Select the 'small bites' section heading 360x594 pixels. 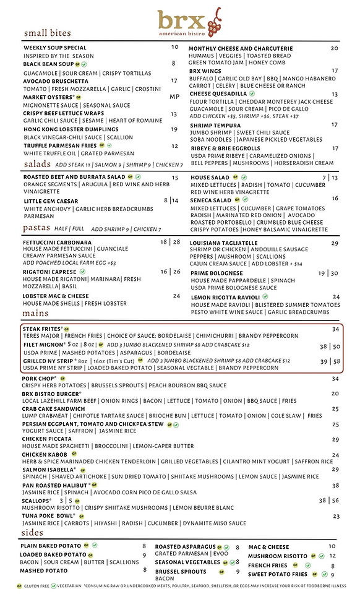point(47,33)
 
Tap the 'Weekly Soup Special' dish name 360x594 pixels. point(54,48)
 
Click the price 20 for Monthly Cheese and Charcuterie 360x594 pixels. point(335,48)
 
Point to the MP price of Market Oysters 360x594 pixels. point(174,97)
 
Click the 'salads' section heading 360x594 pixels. point(38,165)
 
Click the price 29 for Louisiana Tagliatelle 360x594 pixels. point(335,244)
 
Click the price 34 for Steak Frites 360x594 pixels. point(335,329)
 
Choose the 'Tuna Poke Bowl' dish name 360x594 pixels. point(46,515)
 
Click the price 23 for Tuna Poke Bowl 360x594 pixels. point(336,516)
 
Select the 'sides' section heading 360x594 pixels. point(33,533)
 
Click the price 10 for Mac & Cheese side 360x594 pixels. point(332,546)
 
